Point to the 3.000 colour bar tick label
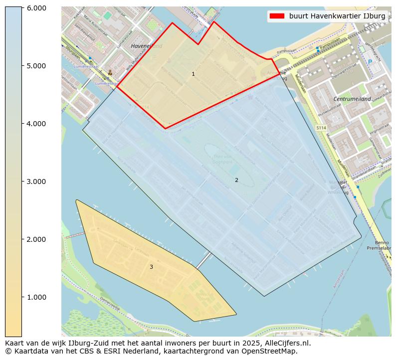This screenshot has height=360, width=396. coord(36,181)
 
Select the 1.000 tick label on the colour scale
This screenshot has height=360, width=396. coord(36,297)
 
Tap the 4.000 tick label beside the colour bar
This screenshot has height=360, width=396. coord(36,124)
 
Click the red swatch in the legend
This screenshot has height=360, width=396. coord(277,16)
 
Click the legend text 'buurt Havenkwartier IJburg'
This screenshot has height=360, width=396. coord(337,16)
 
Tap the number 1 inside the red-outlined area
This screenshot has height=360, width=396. coord(193,74)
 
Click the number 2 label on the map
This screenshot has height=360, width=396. coord(236,180)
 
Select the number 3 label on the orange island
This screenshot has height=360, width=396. coord(151,267)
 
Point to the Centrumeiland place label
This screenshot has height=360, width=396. coord(352,99)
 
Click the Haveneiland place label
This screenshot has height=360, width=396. coord(146,46)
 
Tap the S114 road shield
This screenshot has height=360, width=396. coord(321,128)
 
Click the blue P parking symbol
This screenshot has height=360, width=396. coord(370,62)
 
